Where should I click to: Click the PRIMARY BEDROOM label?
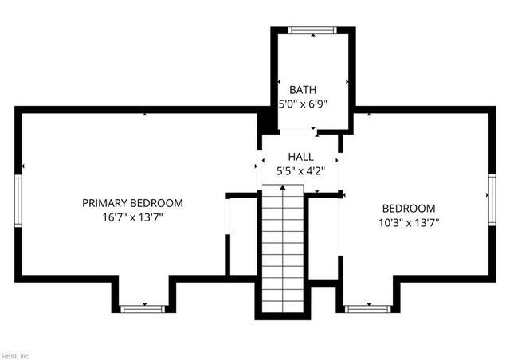coord(132,203)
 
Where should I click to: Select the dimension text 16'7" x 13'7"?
coord(132,217)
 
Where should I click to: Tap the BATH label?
coord(303,90)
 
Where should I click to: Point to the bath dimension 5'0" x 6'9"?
coord(303,104)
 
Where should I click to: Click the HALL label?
coord(300,158)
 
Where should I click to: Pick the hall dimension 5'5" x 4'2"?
coord(300,171)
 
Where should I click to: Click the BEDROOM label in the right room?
coord(408,209)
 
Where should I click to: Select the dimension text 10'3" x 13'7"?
coord(408,223)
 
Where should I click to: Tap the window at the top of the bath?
coord(312,31)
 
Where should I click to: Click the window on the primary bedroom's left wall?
coord(18,202)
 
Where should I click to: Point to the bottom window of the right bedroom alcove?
coord(367,307)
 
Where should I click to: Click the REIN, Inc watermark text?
coord(15,355)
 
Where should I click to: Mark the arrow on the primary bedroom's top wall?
coord(144,115)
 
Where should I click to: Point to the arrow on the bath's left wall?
coord(279,82)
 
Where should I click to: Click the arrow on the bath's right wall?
coord(347,82)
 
